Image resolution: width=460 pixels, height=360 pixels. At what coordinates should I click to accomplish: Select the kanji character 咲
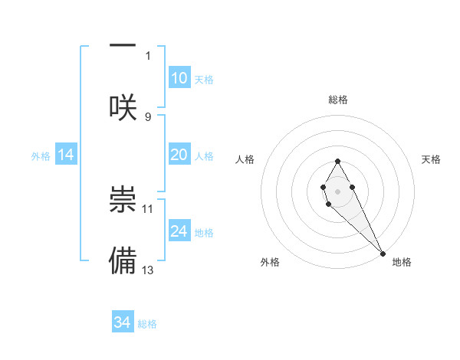[x=123, y=106]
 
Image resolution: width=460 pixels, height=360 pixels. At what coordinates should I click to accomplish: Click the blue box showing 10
[x=179, y=78]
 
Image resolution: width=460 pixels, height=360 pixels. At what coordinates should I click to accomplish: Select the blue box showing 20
[x=179, y=155]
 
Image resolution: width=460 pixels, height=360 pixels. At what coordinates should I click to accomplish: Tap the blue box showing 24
[x=179, y=231]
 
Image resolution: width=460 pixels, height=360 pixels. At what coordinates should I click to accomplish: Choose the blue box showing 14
[x=66, y=155]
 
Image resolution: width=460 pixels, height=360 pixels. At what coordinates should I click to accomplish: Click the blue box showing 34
[x=123, y=322]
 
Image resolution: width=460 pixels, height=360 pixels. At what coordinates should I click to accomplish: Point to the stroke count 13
[x=148, y=270]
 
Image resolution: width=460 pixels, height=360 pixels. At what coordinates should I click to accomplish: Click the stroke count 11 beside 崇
[x=148, y=208]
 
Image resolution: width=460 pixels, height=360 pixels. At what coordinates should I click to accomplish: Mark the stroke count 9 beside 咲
[x=148, y=116]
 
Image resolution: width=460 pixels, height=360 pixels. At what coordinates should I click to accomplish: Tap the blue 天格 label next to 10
[x=204, y=80]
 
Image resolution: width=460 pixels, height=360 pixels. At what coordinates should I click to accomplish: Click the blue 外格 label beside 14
[x=41, y=156]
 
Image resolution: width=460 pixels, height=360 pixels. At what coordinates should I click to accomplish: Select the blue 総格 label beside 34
[x=147, y=324]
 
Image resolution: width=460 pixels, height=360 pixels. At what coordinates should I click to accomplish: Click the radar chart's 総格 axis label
[x=338, y=100]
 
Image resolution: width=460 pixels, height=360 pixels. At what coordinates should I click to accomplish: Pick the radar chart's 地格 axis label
[x=402, y=262]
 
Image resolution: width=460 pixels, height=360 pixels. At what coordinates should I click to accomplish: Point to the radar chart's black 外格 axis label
[x=270, y=262]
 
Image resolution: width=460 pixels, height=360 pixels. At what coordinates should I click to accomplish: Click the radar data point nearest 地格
[x=383, y=252]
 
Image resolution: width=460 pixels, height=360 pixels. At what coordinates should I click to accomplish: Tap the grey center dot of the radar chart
[x=337, y=190]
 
